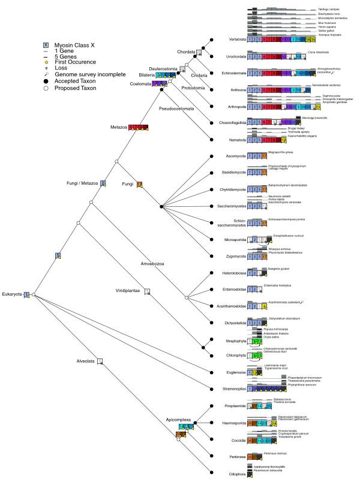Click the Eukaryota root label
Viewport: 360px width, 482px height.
pos(12,294)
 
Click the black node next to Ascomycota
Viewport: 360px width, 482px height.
pos(211,156)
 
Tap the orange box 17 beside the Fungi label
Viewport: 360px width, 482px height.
pos(140,184)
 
